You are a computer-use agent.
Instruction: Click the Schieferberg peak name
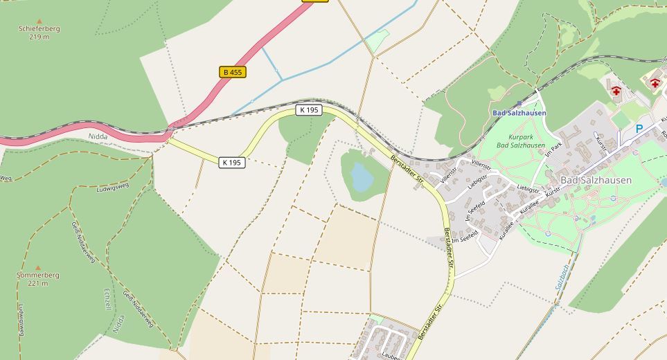pyautogui.click(x=40, y=28)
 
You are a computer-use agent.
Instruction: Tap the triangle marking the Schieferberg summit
pyautogui.click(x=39, y=21)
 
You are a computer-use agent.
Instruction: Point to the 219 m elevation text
pyautogui.click(x=39, y=37)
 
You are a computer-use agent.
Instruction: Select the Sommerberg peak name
pyautogui.click(x=38, y=275)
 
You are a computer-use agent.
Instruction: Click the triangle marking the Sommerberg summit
pyautogui.click(x=38, y=267)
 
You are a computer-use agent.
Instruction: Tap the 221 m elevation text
pyautogui.click(x=38, y=283)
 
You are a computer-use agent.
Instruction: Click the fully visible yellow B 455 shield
pyautogui.click(x=233, y=72)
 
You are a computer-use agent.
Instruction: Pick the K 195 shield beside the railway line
pyautogui.click(x=309, y=110)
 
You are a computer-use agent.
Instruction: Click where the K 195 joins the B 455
pyautogui.click(x=168, y=137)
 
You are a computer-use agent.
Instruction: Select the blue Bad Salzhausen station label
pyautogui.click(x=519, y=113)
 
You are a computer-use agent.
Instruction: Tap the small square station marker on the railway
pyautogui.click(x=519, y=103)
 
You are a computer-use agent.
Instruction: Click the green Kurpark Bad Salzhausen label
pyautogui.click(x=521, y=141)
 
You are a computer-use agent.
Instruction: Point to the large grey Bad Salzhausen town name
pyautogui.click(x=596, y=180)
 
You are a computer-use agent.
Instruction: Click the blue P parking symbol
pyautogui.click(x=639, y=129)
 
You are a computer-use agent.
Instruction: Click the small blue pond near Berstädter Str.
pyautogui.click(x=362, y=177)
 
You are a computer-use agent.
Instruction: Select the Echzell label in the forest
pyautogui.click(x=107, y=299)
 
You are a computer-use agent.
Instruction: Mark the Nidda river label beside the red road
pyautogui.click(x=98, y=136)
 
